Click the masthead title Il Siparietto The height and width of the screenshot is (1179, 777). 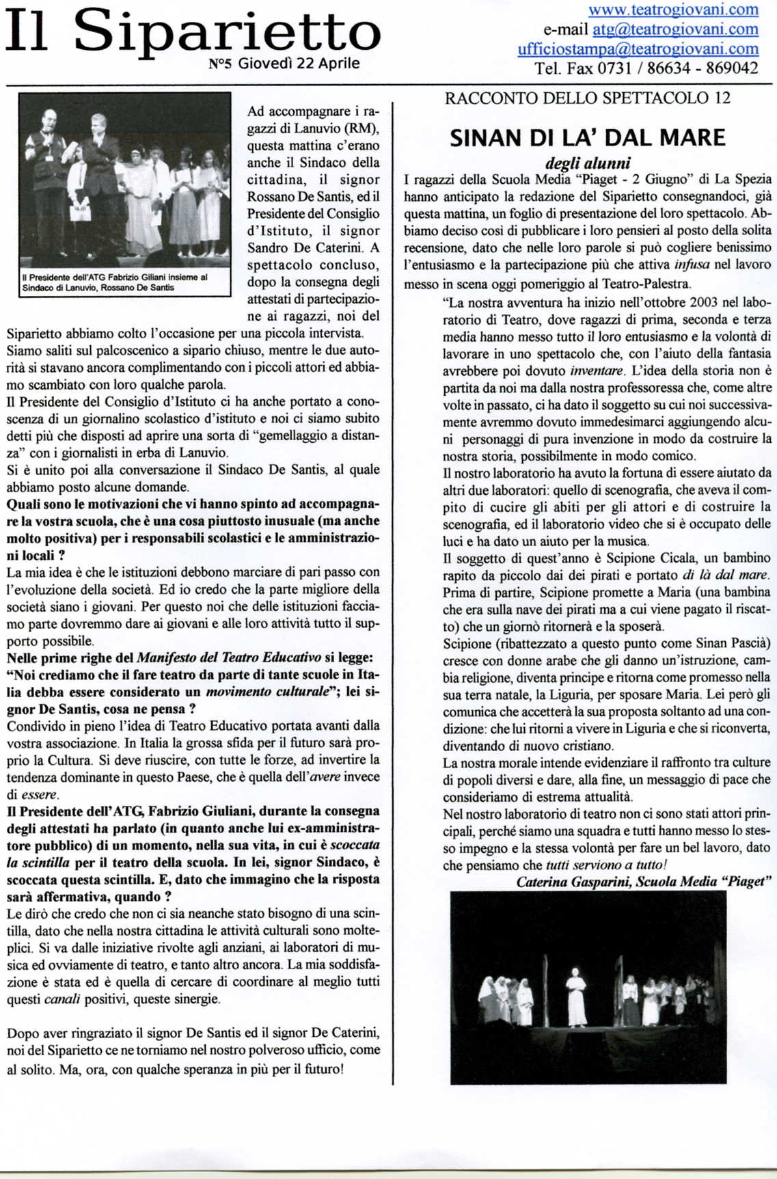coord(193,33)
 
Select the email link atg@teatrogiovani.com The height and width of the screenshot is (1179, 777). coord(675,29)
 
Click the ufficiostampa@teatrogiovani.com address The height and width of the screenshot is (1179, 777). coord(638,49)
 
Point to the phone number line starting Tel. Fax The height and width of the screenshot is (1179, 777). coord(646,68)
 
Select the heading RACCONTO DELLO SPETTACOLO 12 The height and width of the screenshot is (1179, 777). coord(587,98)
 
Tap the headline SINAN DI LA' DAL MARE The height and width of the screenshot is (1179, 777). coord(587,137)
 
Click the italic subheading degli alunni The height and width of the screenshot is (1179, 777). coord(587,163)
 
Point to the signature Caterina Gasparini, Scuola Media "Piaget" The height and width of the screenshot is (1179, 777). coord(644,882)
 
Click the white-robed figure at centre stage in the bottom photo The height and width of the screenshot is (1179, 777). coord(576,999)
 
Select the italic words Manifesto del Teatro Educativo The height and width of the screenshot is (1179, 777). coord(229,658)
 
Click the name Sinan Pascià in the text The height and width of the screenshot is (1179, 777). coord(733,643)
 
